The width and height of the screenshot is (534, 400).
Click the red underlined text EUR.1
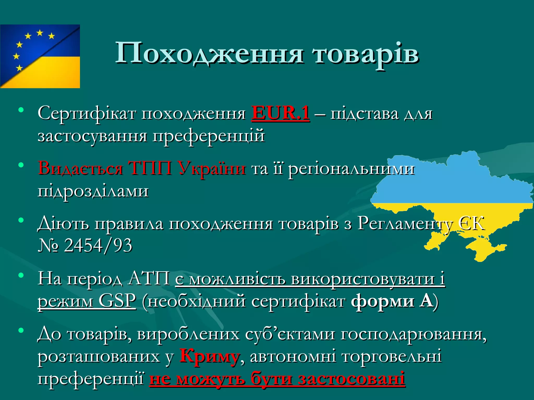pyautogui.click(x=281, y=113)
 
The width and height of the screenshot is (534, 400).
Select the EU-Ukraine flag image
pyautogui.click(x=40, y=56)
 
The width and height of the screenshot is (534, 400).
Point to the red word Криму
pyautogui.click(x=209, y=356)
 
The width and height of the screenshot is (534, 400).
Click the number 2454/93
pyautogui.click(x=98, y=245)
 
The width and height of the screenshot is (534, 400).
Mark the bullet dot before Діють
pyautogui.click(x=21, y=220)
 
